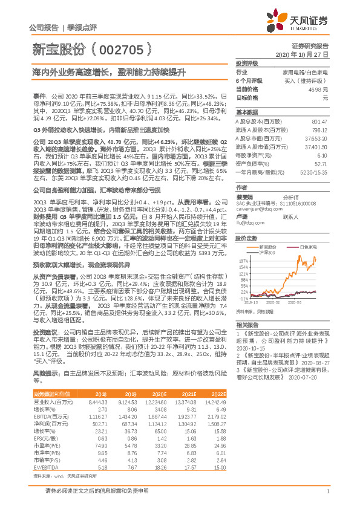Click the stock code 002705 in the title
[122, 47]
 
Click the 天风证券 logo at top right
[296, 21]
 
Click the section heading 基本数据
[246, 112]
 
